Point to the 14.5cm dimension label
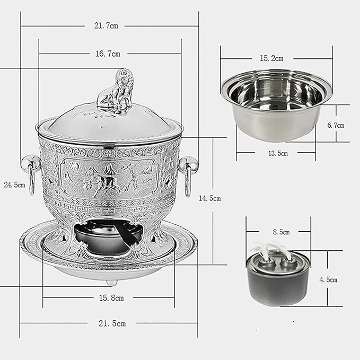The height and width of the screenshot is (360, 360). point(209,198)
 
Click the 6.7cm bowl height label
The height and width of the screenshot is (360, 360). point(335,125)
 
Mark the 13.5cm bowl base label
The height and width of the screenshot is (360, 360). point(277,153)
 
